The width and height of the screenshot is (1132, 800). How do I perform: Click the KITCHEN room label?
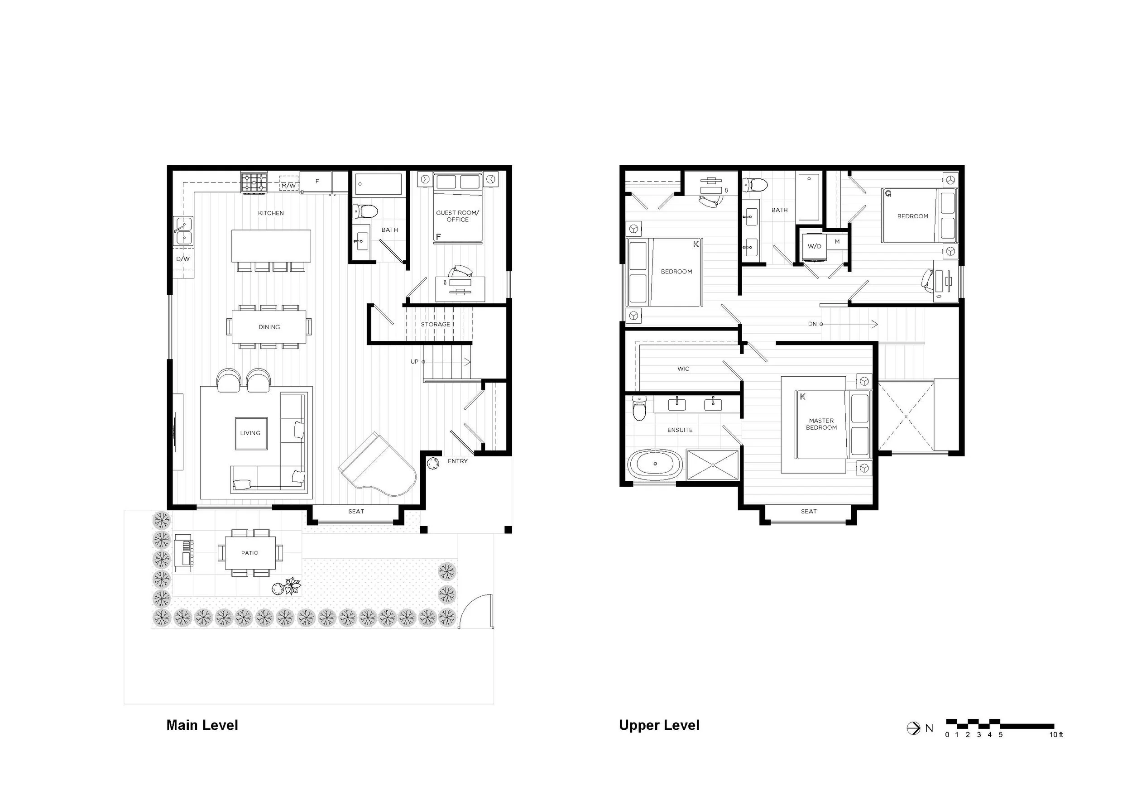pyautogui.click(x=271, y=213)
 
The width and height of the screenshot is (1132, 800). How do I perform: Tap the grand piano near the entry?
pyautogui.click(x=379, y=466)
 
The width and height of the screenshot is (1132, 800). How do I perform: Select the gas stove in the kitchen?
pyautogui.click(x=254, y=182)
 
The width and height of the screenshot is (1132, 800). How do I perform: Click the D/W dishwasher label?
pyautogui.click(x=183, y=259)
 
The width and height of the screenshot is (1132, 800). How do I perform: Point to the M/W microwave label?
pyautogui.click(x=289, y=186)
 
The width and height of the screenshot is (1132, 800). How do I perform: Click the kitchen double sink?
pyautogui.click(x=183, y=231)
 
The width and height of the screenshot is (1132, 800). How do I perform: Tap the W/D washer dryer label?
pyautogui.click(x=815, y=246)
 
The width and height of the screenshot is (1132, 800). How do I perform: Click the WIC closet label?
pyautogui.click(x=683, y=369)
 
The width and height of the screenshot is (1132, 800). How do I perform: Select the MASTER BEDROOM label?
pyautogui.click(x=821, y=424)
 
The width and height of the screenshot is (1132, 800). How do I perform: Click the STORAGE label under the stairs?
pyautogui.click(x=435, y=324)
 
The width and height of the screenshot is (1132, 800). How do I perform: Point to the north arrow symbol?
pyautogui.click(x=914, y=728)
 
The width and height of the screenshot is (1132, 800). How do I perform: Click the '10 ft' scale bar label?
pyautogui.click(x=1056, y=734)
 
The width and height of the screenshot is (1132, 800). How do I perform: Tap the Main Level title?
pyautogui.click(x=202, y=725)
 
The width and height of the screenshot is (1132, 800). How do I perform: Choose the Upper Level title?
pyautogui.click(x=659, y=725)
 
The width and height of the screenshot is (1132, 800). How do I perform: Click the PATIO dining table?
pyautogui.click(x=250, y=552)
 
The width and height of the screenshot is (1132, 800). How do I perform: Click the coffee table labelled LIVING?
pyautogui.click(x=251, y=433)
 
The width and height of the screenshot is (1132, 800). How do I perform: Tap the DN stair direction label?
pyautogui.click(x=812, y=324)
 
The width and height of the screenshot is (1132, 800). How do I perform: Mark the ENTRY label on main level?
pyautogui.click(x=457, y=461)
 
